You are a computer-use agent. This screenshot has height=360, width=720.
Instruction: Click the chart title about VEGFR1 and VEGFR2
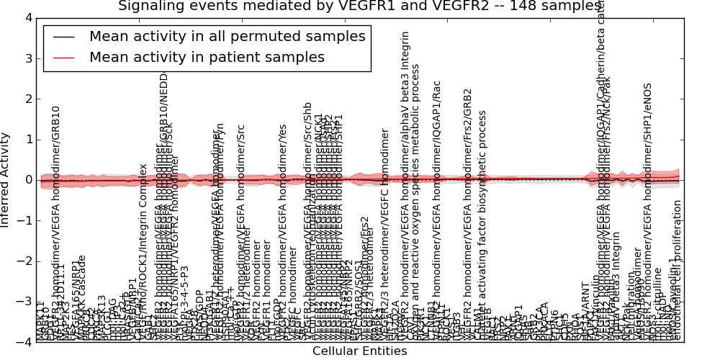(x=360, y=6)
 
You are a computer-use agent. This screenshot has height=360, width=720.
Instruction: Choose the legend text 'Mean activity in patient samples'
(x=207, y=57)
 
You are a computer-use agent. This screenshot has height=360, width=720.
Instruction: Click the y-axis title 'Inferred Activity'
(x=6, y=180)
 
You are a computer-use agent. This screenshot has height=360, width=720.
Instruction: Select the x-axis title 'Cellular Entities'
(x=359, y=351)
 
